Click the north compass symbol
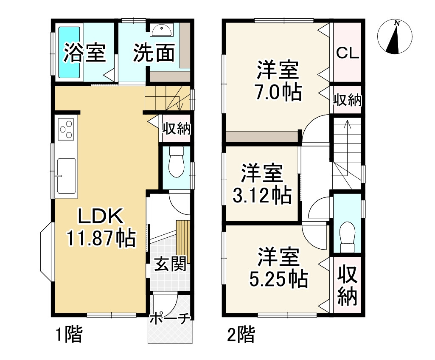pyautogui.click(x=395, y=37)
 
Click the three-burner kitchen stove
pyautogui.click(x=67, y=129)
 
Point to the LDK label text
pyautogui.click(x=100, y=217)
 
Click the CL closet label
pyautogui.click(x=348, y=53)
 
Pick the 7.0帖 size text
pyautogui.click(x=278, y=92)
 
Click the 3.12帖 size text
pyautogui.click(x=262, y=195)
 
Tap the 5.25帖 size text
pyautogui.click(x=278, y=278)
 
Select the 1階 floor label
pyautogui.click(x=68, y=335)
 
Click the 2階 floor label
pyautogui.click(x=241, y=335)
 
